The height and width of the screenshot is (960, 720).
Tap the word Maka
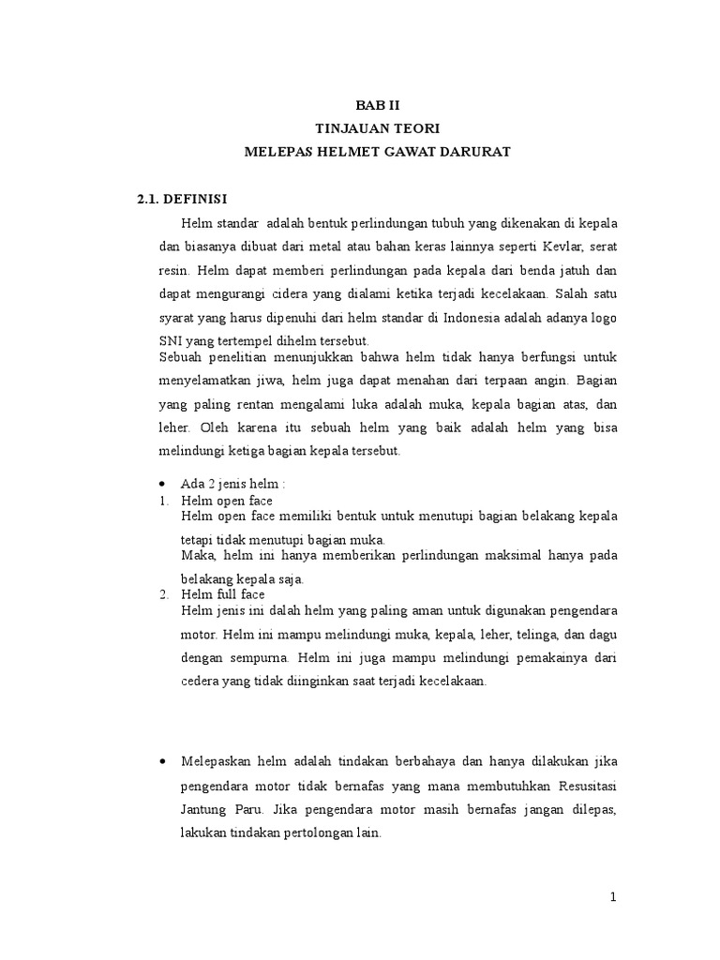point(198,556)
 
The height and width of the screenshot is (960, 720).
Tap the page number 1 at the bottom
point(613,897)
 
